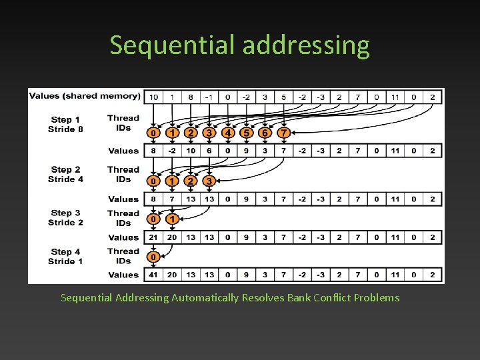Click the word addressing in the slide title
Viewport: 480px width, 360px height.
coord(306,45)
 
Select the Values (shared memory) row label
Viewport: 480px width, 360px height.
coord(84,96)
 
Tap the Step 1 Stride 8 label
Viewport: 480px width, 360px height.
coord(65,124)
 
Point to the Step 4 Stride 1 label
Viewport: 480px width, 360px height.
coord(65,256)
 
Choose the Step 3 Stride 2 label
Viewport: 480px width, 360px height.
coord(65,217)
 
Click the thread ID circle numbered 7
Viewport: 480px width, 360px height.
coord(283,133)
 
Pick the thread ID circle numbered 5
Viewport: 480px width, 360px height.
coord(246,133)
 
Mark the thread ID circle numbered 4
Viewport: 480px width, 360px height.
coord(227,133)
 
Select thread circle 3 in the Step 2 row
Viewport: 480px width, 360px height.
coord(209,181)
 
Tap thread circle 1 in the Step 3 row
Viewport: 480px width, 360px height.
coord(172,219)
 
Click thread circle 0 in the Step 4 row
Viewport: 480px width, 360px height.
coord(153,257)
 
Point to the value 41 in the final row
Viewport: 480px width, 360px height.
coord(153,275)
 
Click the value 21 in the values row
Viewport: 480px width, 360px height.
coord(153,237)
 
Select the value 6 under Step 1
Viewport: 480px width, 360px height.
coord(209,151)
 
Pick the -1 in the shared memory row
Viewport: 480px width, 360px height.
coord(209,97)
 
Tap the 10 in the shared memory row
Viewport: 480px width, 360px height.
coord(153,97)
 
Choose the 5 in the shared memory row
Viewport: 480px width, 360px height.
coord(283,97)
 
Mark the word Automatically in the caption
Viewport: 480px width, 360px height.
coord(205,297)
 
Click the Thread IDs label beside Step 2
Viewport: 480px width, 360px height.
coord(123,174)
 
